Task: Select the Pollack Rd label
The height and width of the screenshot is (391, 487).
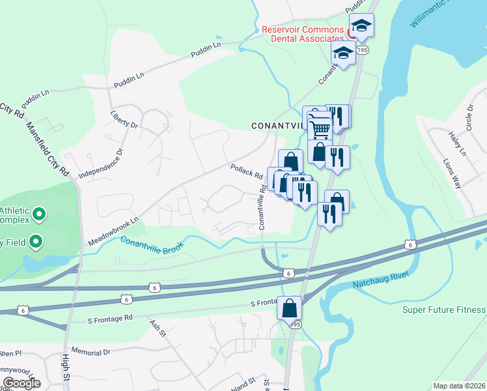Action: [246, 172]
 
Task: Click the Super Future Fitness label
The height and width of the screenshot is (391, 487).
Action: [444, 309]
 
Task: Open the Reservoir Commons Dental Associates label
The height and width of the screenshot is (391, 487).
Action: [302, 34]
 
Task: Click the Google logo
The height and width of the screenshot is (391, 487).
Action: [21, 383]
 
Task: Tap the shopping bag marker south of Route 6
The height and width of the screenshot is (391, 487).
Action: [290, 307]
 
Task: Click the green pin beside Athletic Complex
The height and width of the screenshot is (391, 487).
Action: [38, 214]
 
